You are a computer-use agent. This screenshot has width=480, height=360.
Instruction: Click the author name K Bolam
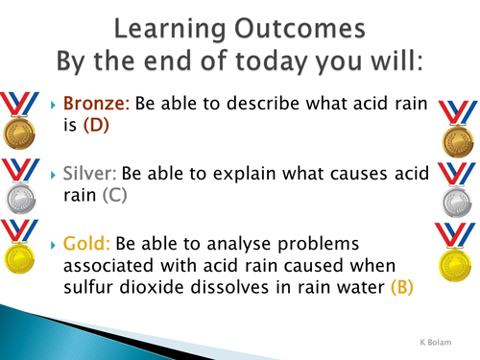point(441,342)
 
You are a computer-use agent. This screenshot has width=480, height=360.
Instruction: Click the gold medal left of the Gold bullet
point(18,251)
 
